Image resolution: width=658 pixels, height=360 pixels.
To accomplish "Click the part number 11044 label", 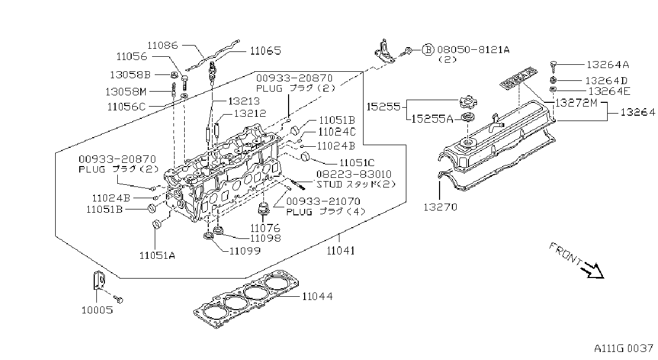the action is tap(317, 296).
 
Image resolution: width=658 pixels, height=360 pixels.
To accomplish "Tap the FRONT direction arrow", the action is tap(594, 271).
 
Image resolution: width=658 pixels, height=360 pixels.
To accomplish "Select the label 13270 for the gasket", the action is tap(440, 207).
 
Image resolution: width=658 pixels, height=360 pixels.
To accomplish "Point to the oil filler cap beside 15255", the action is tap(468, 102).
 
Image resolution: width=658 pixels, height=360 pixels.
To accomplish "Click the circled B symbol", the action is tap(428, 50).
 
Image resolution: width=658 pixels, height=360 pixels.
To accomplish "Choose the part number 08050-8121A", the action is tap(473, 49).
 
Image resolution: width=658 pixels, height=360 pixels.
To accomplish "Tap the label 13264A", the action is tap(608, 64).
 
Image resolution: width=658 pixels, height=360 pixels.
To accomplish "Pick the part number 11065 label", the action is tap(266, 51).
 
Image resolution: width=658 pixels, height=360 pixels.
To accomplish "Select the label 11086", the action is tap(162, 45).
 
